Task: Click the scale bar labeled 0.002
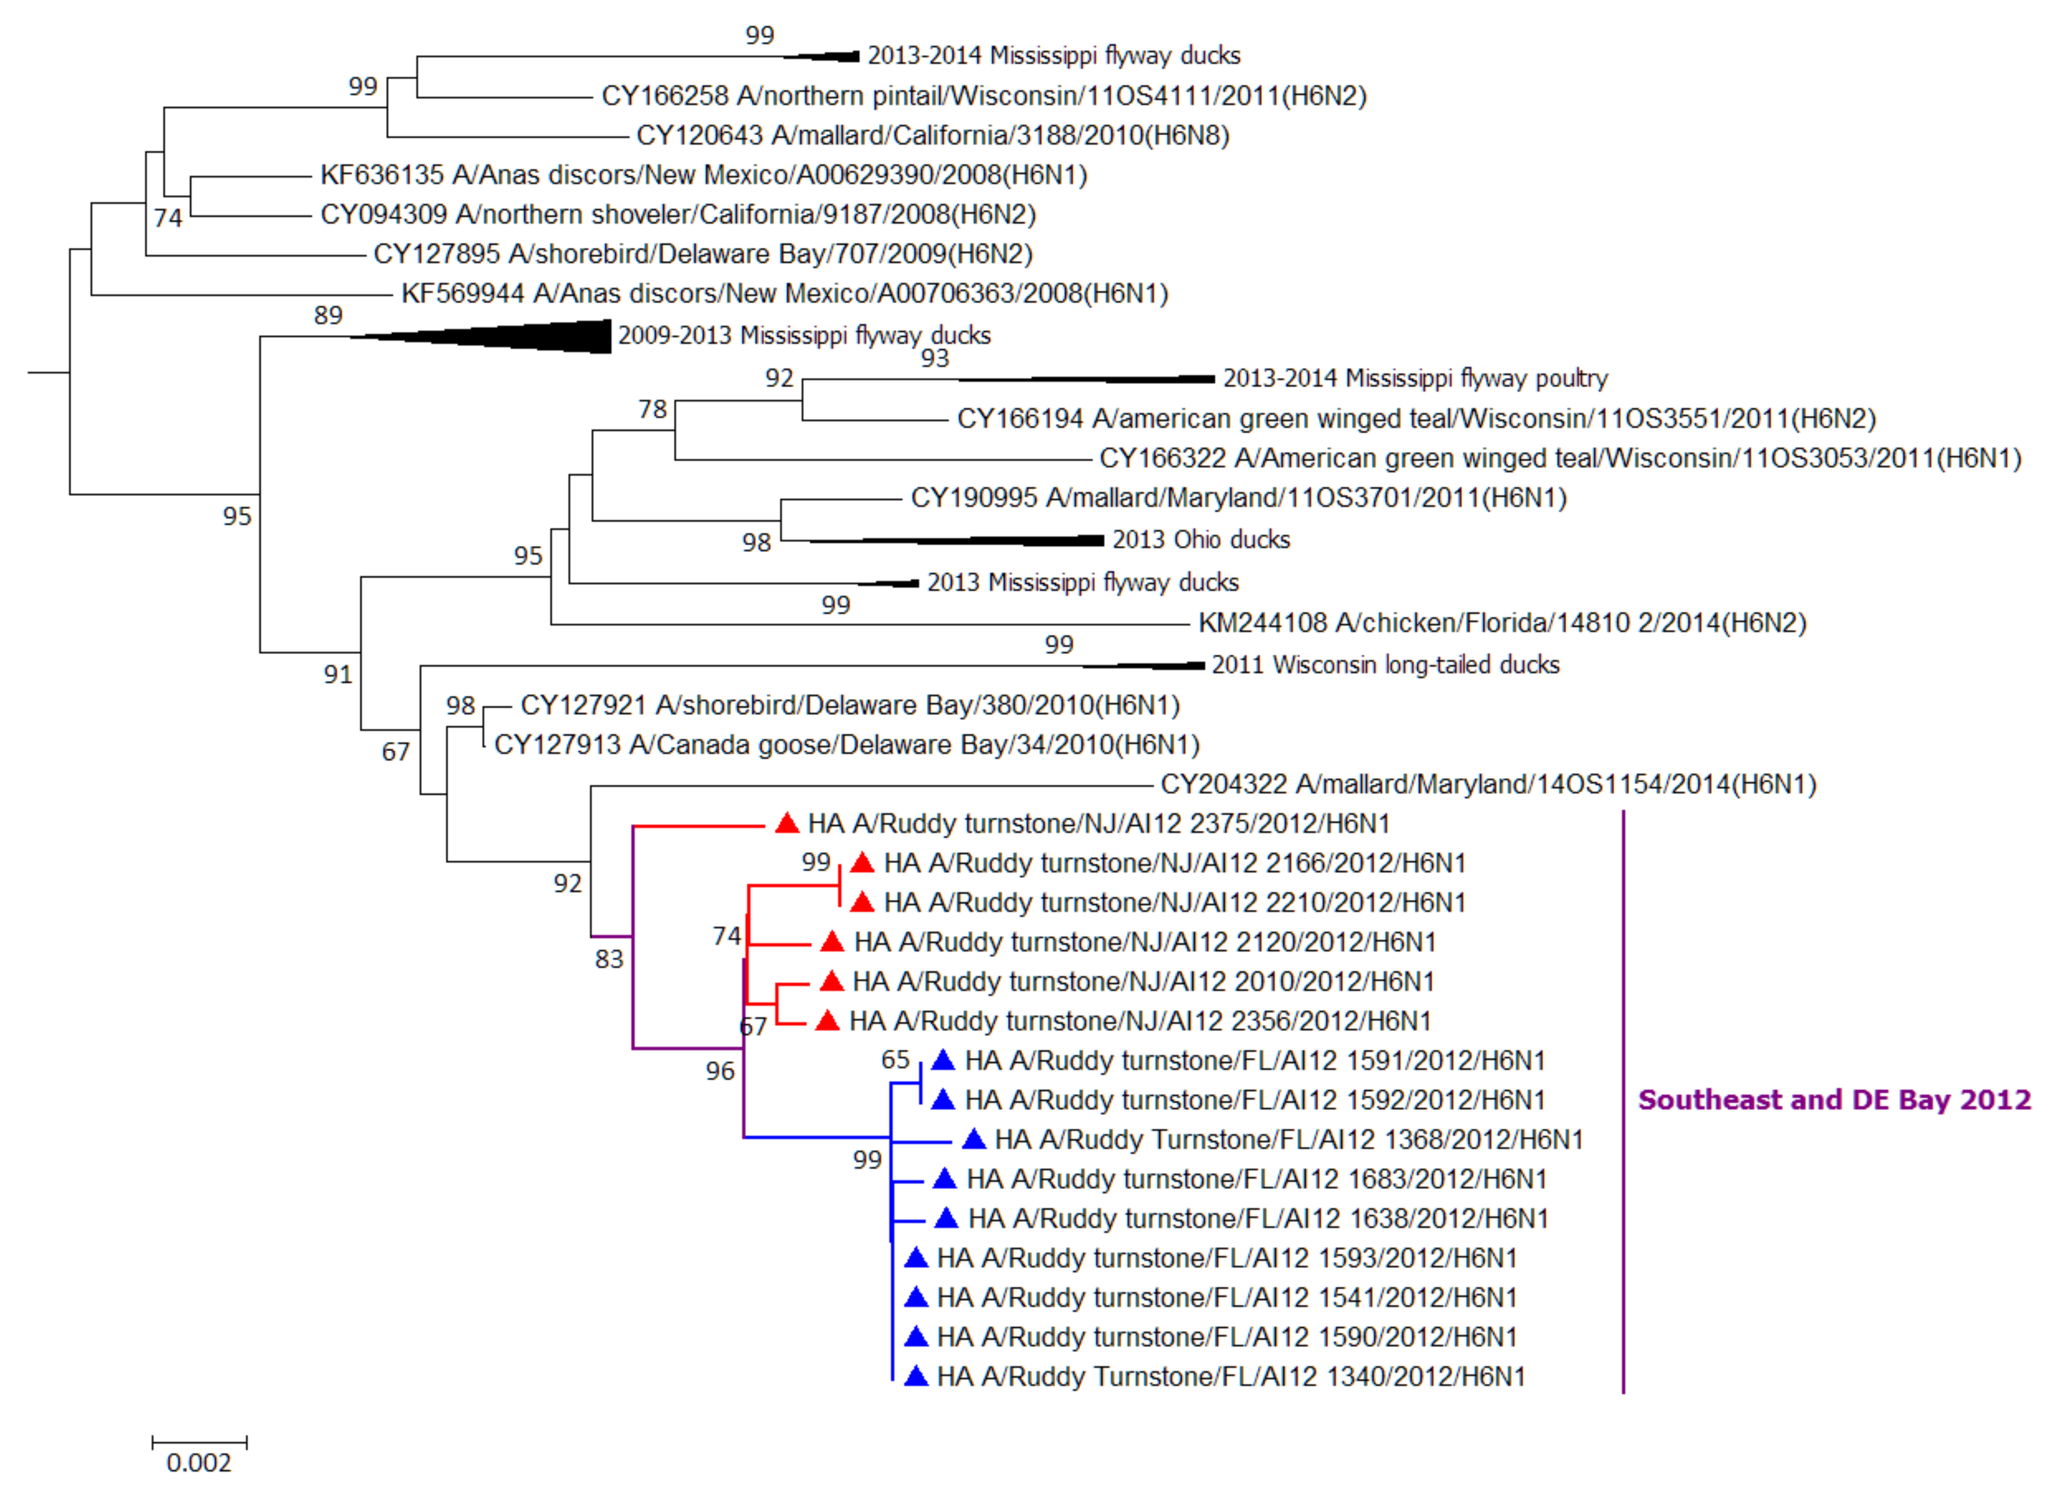pos(200,1441)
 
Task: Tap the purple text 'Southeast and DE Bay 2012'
pos(1834,1100)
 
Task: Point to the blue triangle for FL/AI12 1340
pos(916,1377)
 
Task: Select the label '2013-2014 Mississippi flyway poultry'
pos(1415,378)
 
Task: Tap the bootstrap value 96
pos(720,1071)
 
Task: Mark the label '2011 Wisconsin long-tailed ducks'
pos(1385,665)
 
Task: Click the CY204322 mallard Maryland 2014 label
pos(1488,784)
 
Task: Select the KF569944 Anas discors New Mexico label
pos(784,294)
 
